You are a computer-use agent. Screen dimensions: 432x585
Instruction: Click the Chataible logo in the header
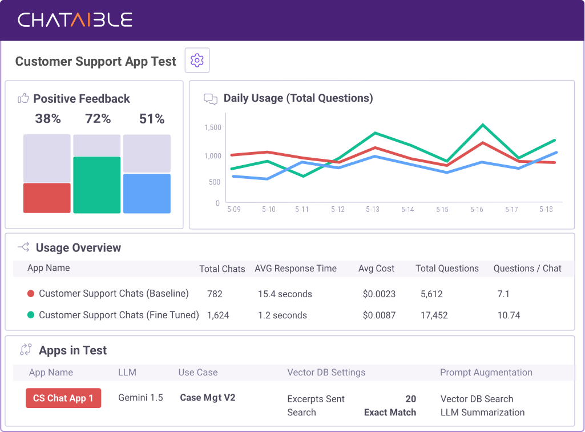click(x=75, y=20)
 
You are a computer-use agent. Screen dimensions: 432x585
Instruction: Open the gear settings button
click(x=197, y=60)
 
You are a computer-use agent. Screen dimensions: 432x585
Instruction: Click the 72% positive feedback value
click(x=98, y=119)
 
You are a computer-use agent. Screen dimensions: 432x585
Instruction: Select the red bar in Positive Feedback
click(x=47, y=198)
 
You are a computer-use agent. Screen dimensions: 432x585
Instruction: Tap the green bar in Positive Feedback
click(x=97, y=185)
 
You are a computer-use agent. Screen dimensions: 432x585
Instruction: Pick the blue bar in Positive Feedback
click(x=147, y=193)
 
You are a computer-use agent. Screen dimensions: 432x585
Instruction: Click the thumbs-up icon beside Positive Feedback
click(x=23, y=98)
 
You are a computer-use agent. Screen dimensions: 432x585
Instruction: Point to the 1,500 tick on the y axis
click(x=212, y=127)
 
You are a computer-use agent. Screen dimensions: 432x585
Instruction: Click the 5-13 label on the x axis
click(x=373, y=210)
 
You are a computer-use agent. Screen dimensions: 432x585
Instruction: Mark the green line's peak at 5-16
click(x=483, y=125)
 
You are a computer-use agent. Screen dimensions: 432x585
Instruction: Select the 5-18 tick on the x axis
click(x=546, y=210)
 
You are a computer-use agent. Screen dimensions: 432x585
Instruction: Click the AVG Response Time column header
click(x=296, y=269)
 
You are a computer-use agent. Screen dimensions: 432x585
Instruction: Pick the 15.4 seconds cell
click(x=285, y=294)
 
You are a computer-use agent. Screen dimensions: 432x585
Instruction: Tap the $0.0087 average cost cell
click(x=379, y=315)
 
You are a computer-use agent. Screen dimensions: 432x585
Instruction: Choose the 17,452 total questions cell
click(x=434, y=315)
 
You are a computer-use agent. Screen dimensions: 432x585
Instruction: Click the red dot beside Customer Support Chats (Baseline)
click(x=31, y=294)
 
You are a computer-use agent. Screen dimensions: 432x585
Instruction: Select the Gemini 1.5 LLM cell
click(x=140, y=398)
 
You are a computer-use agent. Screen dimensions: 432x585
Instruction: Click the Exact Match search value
click(x=390, y=413)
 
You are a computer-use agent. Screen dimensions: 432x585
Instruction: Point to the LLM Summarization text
click(x=482, y=413)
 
